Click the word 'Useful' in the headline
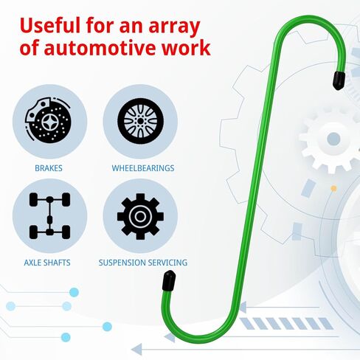click(x=50, y=25)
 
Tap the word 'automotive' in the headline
click(x=100, y=47)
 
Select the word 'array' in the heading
click(x=174, y=27)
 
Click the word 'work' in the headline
click(x=186, y=47)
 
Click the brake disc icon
click(x=49, y=121)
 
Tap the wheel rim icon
click(x=140, y=121)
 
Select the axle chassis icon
click(x=49, y=216)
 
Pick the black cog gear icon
click(x=140, y=216)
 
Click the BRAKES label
click(x=49, y=168)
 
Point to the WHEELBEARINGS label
click(x=143, y=168)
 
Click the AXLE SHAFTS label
click(x=47, y=263)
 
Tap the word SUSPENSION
click(x=120, y=263)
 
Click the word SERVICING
click(x=165, y=263)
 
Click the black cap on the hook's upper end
click(x=339, y=80)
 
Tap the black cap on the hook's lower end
click(x=169, y=280)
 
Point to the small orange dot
click(x=333, y=189)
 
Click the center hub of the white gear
click(x=333, y=139)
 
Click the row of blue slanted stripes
click(x=286, y=323)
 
